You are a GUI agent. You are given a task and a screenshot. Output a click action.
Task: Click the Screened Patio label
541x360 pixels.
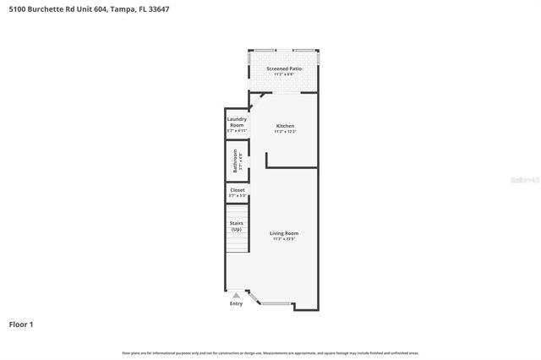tap(284, 68)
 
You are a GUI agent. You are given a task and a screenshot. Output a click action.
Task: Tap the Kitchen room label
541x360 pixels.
tap(284, 126)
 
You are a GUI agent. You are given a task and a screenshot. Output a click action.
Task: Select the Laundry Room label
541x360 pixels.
tap(237, 122)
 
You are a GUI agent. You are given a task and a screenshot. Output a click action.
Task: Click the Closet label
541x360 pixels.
tap(238, 190)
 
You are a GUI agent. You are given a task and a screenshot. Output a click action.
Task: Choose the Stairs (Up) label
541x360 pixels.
tap(237, 226)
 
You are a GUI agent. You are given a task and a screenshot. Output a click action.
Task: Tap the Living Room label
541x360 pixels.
tap(284, 233)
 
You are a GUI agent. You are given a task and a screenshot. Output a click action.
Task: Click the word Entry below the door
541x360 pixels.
tap(236, 303)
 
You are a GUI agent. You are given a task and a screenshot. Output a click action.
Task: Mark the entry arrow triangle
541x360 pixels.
tap(236, 296)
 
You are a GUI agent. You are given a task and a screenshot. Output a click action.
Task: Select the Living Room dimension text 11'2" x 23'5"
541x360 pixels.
tap(284, 239)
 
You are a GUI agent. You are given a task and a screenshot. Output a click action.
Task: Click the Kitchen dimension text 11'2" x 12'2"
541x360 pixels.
tap(284, 132)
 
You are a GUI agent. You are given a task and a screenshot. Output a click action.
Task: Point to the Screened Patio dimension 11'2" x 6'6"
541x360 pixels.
tap(284, 74)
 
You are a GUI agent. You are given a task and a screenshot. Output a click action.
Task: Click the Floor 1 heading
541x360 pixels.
tap(22, 324)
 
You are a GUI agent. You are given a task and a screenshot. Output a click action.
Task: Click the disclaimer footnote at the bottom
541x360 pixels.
tap(270, 352)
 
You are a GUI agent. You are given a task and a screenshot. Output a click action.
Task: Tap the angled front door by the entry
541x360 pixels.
tap(253, 297)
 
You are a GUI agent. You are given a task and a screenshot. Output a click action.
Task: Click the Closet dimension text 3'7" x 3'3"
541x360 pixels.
tap(238, 196)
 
